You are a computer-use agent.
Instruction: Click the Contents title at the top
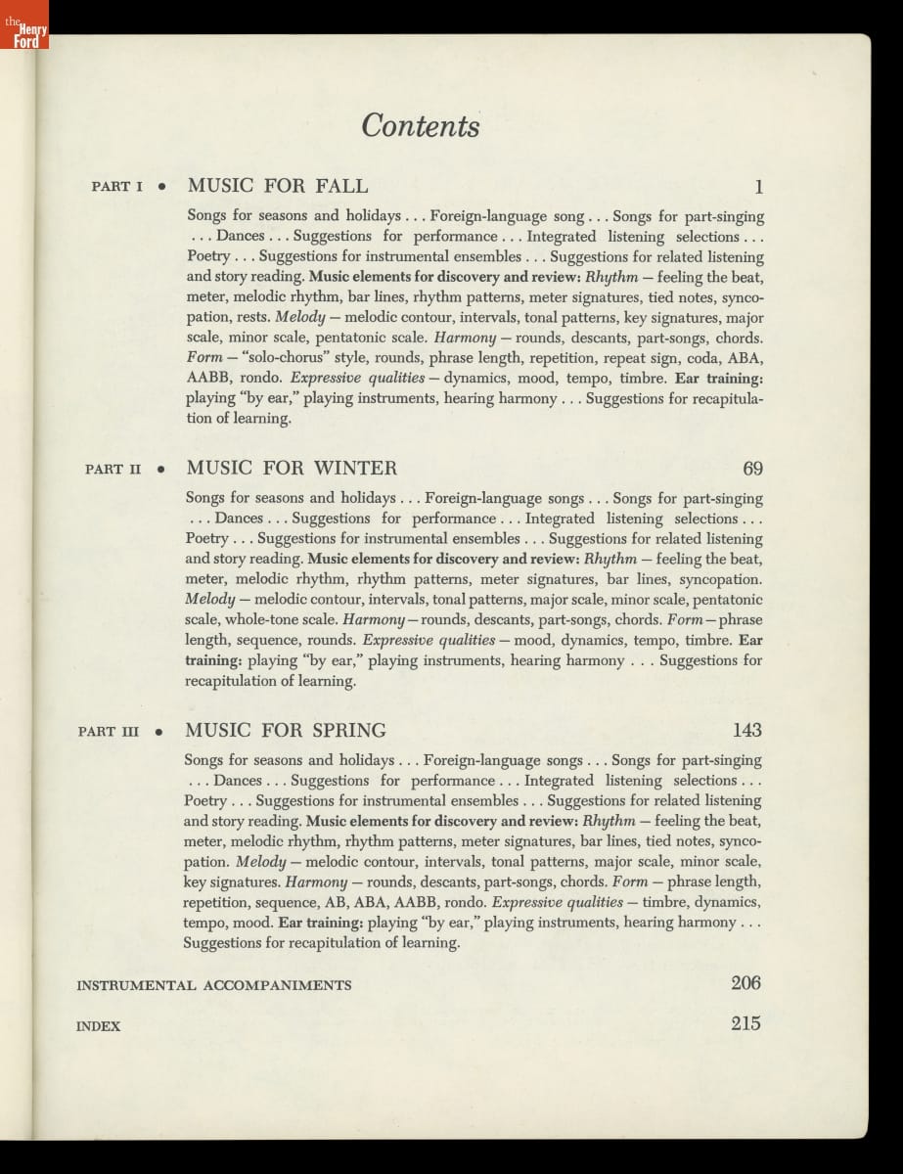click(x=421, y=126)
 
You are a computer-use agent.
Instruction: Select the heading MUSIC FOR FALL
click(x=278, y=186)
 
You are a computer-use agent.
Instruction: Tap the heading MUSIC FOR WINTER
click(x=292, y=468)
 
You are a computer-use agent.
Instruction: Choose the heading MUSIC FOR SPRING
click(x=286, y=730)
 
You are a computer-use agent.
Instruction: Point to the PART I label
click(x=117, y=187)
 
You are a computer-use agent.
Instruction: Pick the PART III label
click(x=110, y=731)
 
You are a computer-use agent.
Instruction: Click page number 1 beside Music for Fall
click(x=758, y=187)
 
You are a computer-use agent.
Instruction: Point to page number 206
click(x=745, y=983)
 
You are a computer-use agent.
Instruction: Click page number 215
click(x=745, y=1024)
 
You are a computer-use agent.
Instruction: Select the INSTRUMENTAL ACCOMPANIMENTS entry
click(x=214, y=985)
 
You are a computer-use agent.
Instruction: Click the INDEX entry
click(x=98, y=1026)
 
